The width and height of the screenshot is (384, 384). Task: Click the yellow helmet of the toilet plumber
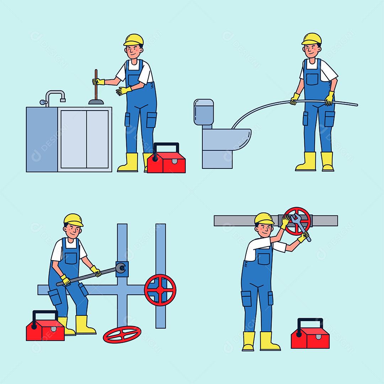[311, 38]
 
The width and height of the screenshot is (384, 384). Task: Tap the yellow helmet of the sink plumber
[134, 39]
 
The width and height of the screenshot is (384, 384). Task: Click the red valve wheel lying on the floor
[122, 334]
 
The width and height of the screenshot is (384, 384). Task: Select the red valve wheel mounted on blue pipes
[160, 290]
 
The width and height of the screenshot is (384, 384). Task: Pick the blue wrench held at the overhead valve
[300, 226]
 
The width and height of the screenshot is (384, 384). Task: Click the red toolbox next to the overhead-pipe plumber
[306, 336]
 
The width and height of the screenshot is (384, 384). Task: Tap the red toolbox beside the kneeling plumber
[45, 329]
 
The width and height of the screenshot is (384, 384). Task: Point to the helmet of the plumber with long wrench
[73, 219]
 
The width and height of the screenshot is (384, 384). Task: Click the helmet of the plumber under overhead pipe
[264, 218]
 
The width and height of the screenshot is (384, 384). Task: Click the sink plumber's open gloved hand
[123, 91]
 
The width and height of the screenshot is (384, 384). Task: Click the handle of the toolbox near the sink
[166, 146]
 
